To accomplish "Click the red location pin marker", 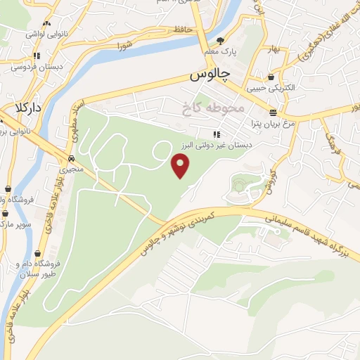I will (x=181, y=166).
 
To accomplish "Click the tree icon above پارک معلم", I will (x=220, y=41).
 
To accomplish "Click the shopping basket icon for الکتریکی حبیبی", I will (x=271, y=77).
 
